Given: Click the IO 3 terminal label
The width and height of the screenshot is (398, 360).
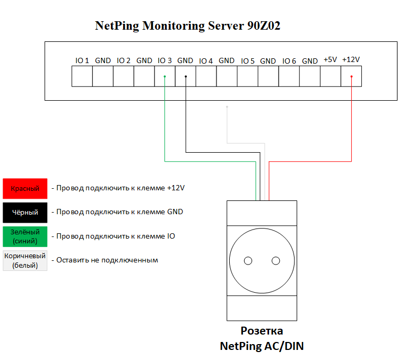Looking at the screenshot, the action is (165, 60).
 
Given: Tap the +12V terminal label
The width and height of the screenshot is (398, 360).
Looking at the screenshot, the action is (351, 59).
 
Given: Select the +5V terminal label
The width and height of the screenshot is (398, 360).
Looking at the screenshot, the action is (330, 59).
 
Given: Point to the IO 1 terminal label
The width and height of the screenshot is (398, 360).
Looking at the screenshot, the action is (82, 60).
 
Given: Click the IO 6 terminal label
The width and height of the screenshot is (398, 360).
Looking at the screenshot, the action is (289, 61).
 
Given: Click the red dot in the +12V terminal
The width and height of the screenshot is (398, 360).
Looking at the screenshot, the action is (351, 76).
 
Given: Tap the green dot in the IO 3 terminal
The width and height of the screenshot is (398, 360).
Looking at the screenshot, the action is (165, 76).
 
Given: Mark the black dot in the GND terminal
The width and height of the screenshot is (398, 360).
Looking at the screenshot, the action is (186, 76).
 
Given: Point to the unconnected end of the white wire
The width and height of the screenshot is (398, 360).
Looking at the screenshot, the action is (227, 107).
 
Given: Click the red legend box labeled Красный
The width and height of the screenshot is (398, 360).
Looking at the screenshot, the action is (25, 189).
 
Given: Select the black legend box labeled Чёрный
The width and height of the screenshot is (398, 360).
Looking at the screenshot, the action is (25, 213).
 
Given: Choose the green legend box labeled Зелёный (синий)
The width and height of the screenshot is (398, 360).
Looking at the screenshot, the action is (25, 236).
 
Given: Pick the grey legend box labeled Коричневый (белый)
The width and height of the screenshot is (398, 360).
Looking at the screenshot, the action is (25, 261).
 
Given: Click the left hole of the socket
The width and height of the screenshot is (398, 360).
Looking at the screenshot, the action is (248, 261).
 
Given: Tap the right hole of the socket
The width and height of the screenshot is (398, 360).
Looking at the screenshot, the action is (275, 261).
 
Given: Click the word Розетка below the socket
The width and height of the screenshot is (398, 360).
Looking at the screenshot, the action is (262, 331).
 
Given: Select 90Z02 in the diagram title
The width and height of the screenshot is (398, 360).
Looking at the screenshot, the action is (264, 25).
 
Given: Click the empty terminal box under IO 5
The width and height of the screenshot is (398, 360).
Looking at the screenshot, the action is (248, 76).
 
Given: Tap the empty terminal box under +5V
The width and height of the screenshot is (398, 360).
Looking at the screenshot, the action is (331, 76).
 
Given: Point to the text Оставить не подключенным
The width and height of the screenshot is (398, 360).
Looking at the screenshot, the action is (107, 260).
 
